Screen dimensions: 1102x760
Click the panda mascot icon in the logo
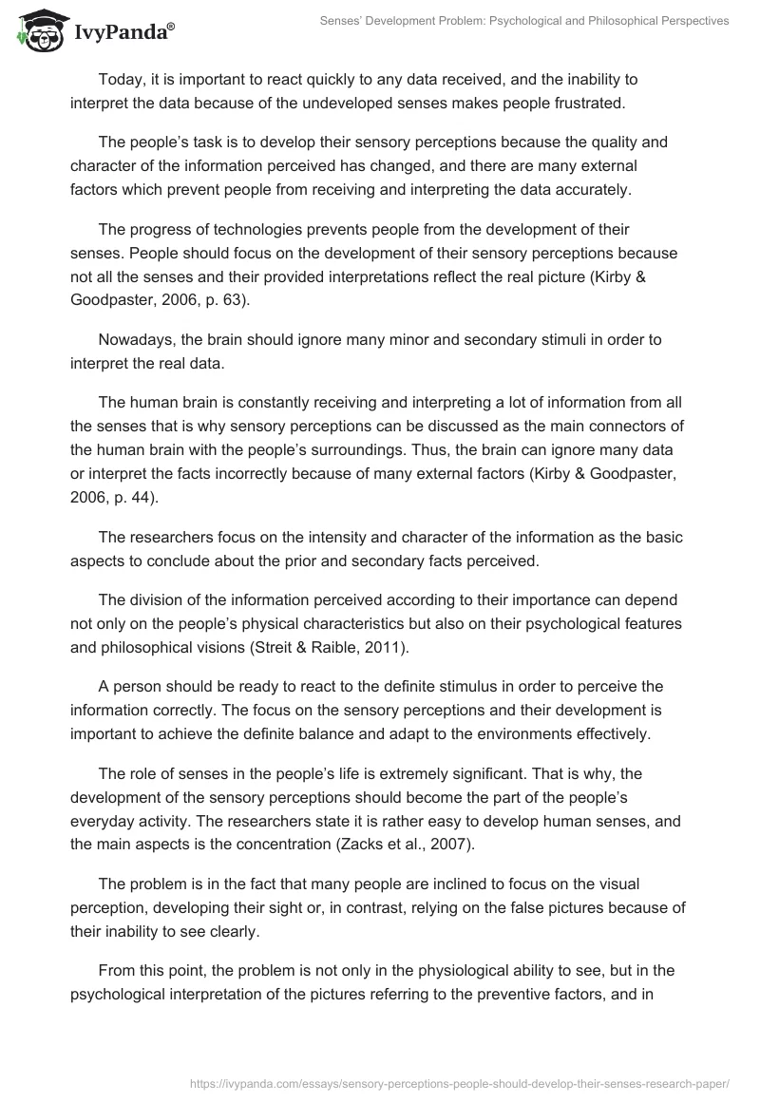tap(37, 32)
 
